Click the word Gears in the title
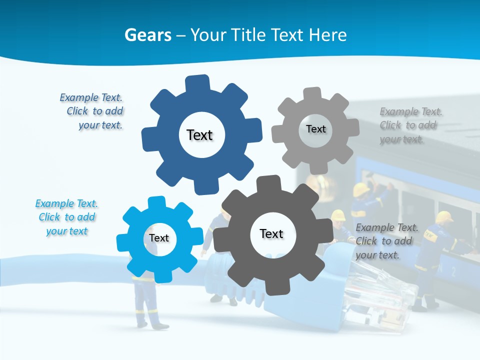pos(148,35)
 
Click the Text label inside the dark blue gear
pos(199,135)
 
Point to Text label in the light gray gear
pos(315,129)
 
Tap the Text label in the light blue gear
pos(159,238)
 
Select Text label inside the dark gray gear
pos(271,233)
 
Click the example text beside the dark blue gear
pos(92,111)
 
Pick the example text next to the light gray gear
pos(410,125)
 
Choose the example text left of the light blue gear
pos(66,217)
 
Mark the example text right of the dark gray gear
pos(386,241)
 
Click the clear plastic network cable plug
pos(375,290)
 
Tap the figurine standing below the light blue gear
pos(147,305)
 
